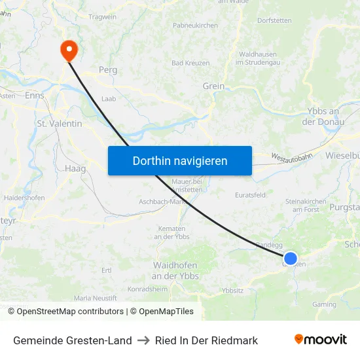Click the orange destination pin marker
(68, 50)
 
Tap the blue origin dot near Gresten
(291, 259)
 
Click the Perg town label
(107, 69)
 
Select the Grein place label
(213, 86)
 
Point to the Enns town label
(34, 96)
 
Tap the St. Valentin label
(59, 123)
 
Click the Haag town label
(75, 168)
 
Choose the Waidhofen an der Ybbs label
(175, 270)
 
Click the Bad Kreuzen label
(190, 63)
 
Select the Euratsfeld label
(250, 194)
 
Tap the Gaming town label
(325, 304)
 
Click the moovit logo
(320, 340)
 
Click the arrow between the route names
(143, 340)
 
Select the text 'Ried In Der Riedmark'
(206, 340)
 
